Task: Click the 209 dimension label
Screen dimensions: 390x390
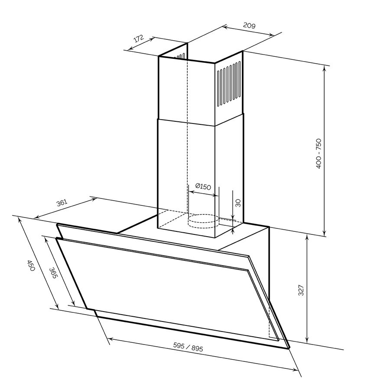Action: [249, 26]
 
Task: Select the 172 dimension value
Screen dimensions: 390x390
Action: [139, 39]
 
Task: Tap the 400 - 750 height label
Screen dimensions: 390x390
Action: [318, 154]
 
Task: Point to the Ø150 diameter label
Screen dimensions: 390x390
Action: [203, 186]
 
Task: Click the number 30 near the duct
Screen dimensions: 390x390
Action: [238, 203]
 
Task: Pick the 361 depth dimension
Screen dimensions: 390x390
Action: [62, 202]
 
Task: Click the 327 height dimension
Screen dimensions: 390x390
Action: [301, 290]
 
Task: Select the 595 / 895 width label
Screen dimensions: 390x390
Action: [188, 347]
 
